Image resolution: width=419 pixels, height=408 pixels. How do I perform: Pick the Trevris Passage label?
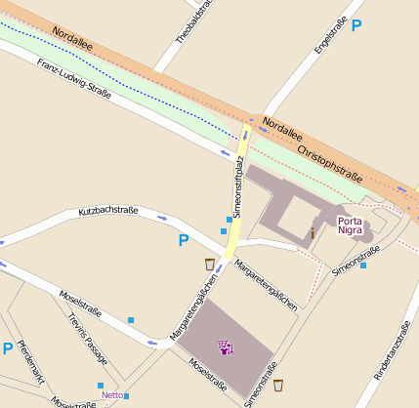coord(87,338)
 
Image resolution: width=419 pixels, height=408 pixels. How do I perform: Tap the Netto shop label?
coord(112,395)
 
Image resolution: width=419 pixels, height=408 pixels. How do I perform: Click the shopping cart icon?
coord(226,347)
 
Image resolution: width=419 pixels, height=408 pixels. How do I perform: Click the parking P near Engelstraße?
coord(356,25)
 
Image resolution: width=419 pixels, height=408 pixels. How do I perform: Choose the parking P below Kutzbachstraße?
coord(183,240)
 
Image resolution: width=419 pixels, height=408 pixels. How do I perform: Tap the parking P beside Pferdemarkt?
coord(8,348)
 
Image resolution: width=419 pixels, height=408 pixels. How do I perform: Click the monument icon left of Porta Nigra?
coord(312,232)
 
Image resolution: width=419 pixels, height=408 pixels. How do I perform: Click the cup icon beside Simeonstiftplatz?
coord(210,264)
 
